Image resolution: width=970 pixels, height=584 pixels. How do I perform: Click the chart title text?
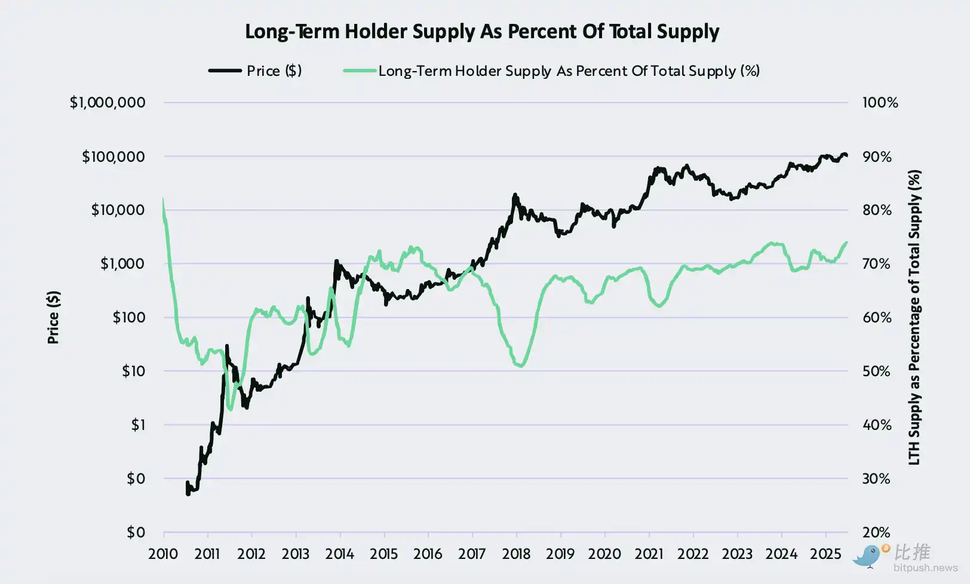coord(482,32)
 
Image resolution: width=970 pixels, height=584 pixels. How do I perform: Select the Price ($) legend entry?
coord(255,71)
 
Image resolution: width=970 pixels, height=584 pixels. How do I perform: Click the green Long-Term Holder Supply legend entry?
coord(551,71)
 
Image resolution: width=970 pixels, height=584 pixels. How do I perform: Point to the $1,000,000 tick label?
coord(108,103)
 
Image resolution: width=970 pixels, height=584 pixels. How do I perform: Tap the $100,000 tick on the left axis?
coord(113,156)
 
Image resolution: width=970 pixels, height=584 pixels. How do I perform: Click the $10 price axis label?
coord(133,371)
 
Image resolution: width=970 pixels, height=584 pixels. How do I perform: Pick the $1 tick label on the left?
coord(138,425)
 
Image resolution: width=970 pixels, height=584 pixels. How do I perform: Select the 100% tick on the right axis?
coord(880,103)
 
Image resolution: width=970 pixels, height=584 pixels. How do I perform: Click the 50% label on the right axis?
coord(876,371)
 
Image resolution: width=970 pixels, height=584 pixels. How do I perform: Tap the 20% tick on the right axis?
coord(876,532)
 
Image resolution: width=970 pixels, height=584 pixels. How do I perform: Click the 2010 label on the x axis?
coord(163,554)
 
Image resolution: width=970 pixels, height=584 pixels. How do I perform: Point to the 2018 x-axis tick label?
coord(516,554)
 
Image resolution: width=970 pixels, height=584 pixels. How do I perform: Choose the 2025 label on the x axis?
coord(825,554)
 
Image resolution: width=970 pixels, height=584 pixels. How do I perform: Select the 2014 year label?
coord(339,554)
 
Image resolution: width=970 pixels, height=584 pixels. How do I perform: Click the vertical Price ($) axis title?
coord(53,317)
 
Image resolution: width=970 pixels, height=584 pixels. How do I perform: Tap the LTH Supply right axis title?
coord(914,317)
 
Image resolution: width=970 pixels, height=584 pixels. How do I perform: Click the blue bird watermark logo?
coord(867,556)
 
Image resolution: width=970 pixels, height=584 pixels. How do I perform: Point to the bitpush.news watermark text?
coord(925,568)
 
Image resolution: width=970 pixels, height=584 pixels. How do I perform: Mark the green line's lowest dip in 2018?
coord(520,366)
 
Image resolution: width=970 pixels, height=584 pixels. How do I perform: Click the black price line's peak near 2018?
coord(515,195)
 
